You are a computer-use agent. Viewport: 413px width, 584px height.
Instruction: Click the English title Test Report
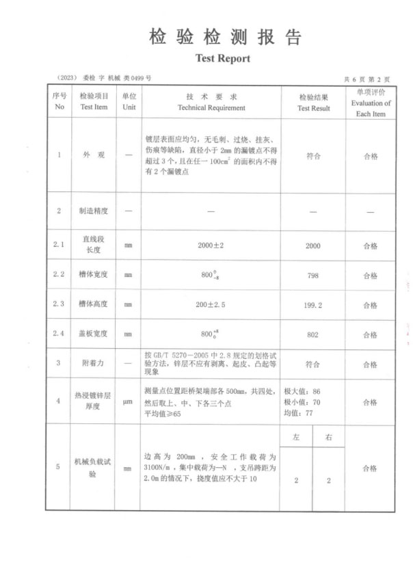click(x=222, y=59)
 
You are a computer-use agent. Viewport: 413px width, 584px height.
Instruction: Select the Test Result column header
click(x=313, y=103)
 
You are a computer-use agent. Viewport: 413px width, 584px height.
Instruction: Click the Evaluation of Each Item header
click(x=371, y=103)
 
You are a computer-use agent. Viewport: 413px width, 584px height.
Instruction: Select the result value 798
click(x=312, y=275)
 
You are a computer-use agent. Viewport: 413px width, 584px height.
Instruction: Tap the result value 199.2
click(x=312, y=304)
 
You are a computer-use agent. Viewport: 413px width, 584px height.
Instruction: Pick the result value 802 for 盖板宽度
click(x=312, y=334)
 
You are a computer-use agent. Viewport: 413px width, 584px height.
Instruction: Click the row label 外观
click(x=94, y=155)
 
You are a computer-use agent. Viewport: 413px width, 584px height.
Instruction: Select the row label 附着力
click(x=94, y=363)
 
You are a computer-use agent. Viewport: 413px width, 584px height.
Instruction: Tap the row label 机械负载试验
click(x=94, y=468)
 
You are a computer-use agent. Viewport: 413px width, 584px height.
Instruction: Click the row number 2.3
click(x=59, y=304)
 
